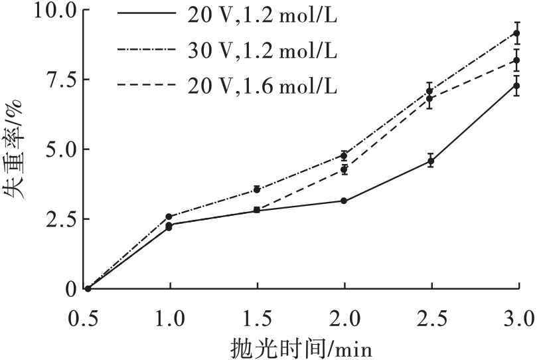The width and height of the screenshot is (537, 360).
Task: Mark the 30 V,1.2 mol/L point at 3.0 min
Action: click(x=517, y=33)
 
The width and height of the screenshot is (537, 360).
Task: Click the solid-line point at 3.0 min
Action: click(x=517, y=86)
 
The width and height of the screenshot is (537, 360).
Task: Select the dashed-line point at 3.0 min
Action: click(x=517, y=60)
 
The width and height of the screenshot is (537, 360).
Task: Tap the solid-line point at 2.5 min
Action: click(x=431, y=161)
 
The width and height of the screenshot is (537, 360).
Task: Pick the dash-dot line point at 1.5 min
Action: click(x=258, y=189)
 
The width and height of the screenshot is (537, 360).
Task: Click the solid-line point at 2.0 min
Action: click(x=344, y=201)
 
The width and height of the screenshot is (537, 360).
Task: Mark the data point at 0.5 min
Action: click(x=88, y=288)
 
